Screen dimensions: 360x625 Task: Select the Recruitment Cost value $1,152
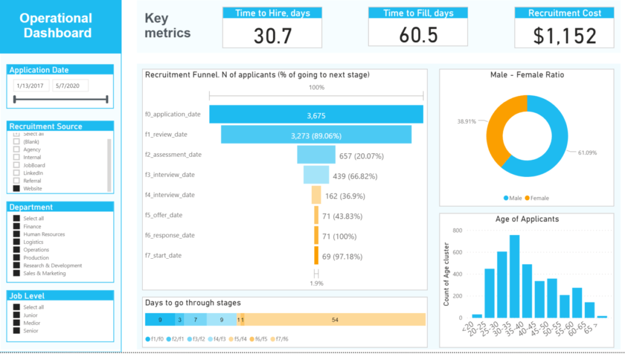(565, 35)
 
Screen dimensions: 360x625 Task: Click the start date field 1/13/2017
(31, 86)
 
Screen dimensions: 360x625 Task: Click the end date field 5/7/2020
(70, 86)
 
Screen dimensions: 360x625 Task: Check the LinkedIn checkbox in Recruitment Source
(16, 173)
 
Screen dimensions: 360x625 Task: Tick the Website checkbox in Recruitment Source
(16, 189)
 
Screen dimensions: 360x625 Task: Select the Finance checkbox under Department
(16, 226)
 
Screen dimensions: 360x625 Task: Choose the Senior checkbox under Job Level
(16, 331)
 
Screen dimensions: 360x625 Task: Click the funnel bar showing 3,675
(316, 114)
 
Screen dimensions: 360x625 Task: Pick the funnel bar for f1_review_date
(316, 135)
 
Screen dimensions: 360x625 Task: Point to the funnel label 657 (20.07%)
(361, 156)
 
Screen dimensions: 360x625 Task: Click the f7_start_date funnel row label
(163, 255)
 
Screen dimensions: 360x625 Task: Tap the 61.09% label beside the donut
(587, 152)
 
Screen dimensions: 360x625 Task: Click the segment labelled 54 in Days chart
(334, 320)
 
